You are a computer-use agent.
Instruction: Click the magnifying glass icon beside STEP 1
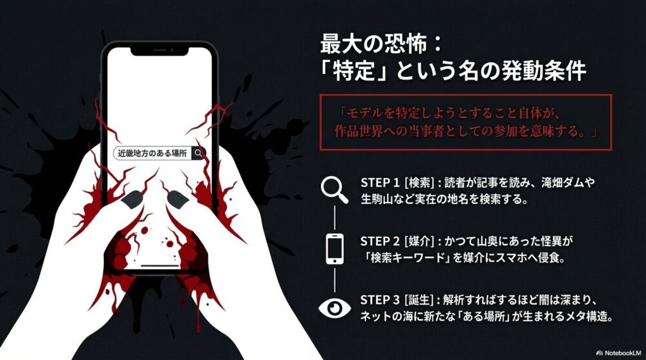[x=334, y=190]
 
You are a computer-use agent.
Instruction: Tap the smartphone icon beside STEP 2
[x=334, y=248]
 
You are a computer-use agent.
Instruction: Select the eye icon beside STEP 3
[x=334, y=308]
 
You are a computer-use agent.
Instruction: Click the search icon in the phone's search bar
[x=198, y=154]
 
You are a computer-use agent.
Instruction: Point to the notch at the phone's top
[x=160, y=50]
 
